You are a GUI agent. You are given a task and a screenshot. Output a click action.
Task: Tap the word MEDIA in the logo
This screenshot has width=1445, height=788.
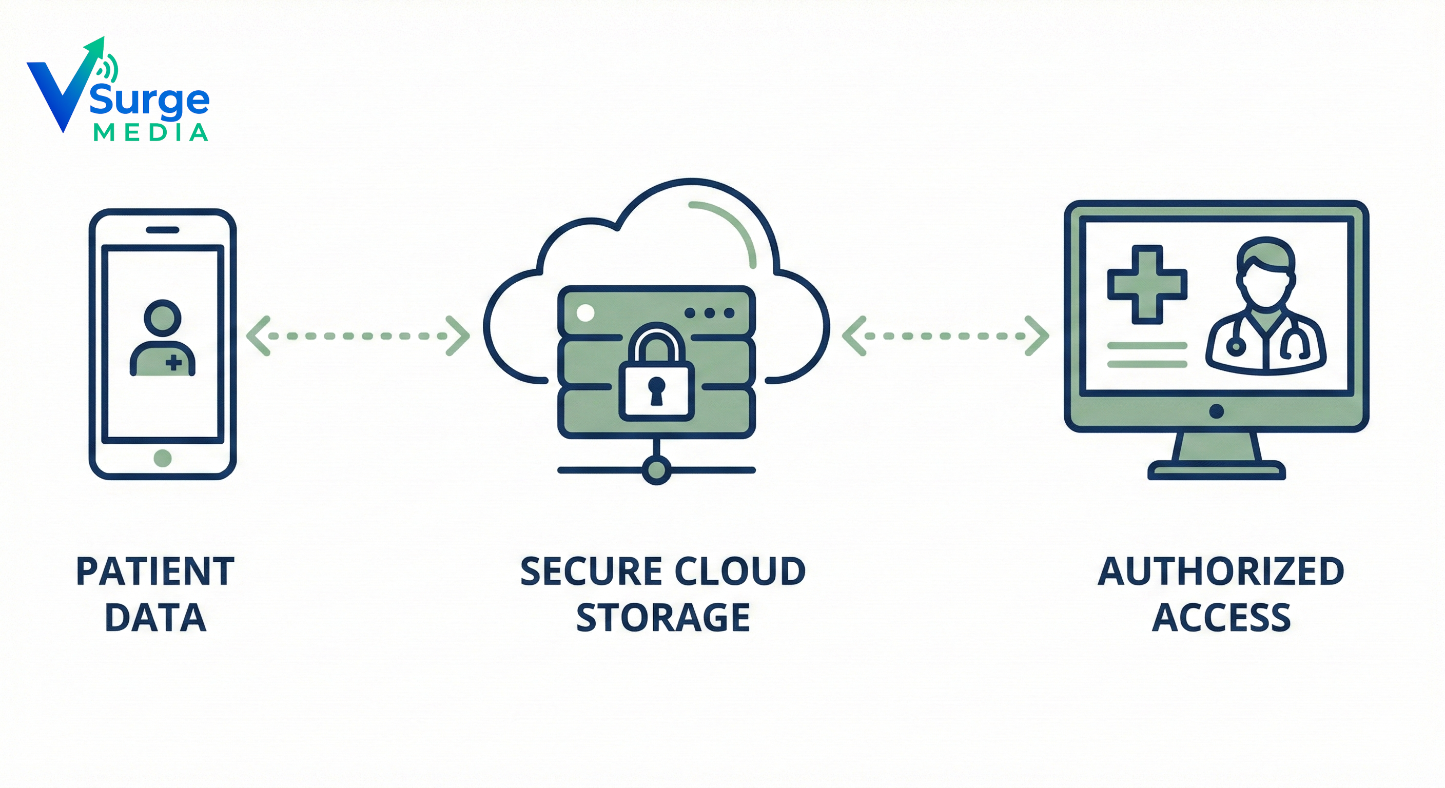pos(150,133)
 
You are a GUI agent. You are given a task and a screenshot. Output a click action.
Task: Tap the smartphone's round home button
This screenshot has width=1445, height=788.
pos(163,458)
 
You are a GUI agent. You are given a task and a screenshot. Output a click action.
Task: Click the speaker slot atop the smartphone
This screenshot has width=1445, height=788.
pos(162,230)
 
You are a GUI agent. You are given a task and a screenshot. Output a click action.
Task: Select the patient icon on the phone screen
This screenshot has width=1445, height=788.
pos(163,339)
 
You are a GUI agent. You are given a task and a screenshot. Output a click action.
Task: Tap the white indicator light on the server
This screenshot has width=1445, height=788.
pos(585,312)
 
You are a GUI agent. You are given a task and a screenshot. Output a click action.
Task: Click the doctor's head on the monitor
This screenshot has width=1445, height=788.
pos(1265,275)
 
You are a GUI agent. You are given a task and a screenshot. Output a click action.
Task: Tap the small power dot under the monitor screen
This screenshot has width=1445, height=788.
pos(1216,411)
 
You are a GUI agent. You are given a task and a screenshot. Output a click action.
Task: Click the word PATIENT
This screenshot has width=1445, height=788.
pos(155,572)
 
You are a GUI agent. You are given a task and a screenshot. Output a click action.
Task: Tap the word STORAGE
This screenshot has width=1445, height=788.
pos(663,618)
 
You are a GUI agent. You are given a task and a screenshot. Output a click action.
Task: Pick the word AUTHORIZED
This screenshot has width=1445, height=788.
pos(1221,572)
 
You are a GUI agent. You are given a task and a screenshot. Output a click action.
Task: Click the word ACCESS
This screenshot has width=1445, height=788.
pos(1221,618)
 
